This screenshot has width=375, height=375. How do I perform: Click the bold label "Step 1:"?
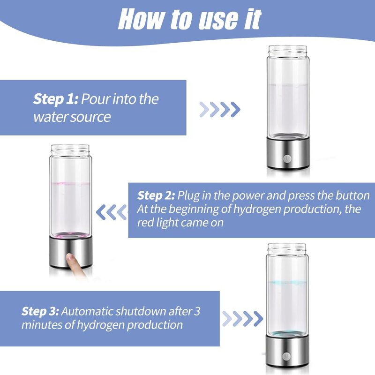(x=55, y=99)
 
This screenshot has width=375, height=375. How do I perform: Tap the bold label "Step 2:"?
(x=156, y=195)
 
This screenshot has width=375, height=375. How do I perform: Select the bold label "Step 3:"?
(x=40, y=311)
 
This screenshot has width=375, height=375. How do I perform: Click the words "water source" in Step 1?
(x=72, y=117)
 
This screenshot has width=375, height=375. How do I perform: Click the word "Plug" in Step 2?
(x=189, y=195)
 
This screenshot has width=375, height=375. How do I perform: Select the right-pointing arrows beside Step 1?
(x=219, y=110)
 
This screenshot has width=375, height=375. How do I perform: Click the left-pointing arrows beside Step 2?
(x=112, y=212)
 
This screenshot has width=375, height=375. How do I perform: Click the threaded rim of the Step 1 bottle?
(x=287, y=51)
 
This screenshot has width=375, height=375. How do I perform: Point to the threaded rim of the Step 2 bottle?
(x=70, y=150)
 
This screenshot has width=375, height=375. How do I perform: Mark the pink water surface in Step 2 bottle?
(x=70, y=183)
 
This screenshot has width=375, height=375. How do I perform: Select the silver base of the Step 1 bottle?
(x=287, y=152)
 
